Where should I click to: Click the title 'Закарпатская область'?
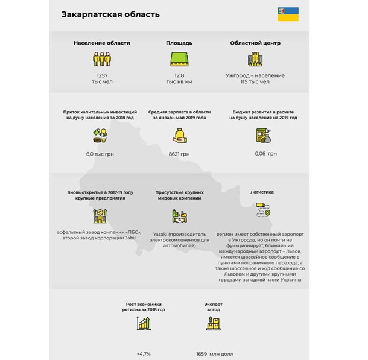tap(110, 14)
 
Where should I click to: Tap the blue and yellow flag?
tap(288, 14)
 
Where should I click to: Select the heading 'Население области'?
tap(102, 43)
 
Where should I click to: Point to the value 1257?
tap(101, 75)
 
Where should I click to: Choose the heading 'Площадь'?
tap(179, 43)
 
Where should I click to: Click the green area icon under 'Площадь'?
tap(179, 59)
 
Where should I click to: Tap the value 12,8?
tap(179, 75)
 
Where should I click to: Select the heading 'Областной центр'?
tap(255, 43)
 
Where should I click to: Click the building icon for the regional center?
tap(255, 59)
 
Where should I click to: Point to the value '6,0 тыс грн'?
tap(100, 154)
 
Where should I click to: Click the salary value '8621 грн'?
tap(179, 154)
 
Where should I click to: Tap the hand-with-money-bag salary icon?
tap(179, 135)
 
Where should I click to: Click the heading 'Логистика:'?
tap(262, 192)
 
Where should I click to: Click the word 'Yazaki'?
tap(161, 234)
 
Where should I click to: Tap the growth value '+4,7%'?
tap(144, 354)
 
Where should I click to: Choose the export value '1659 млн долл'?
tap(215, 354)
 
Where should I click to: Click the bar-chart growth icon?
tap(144, 324)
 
